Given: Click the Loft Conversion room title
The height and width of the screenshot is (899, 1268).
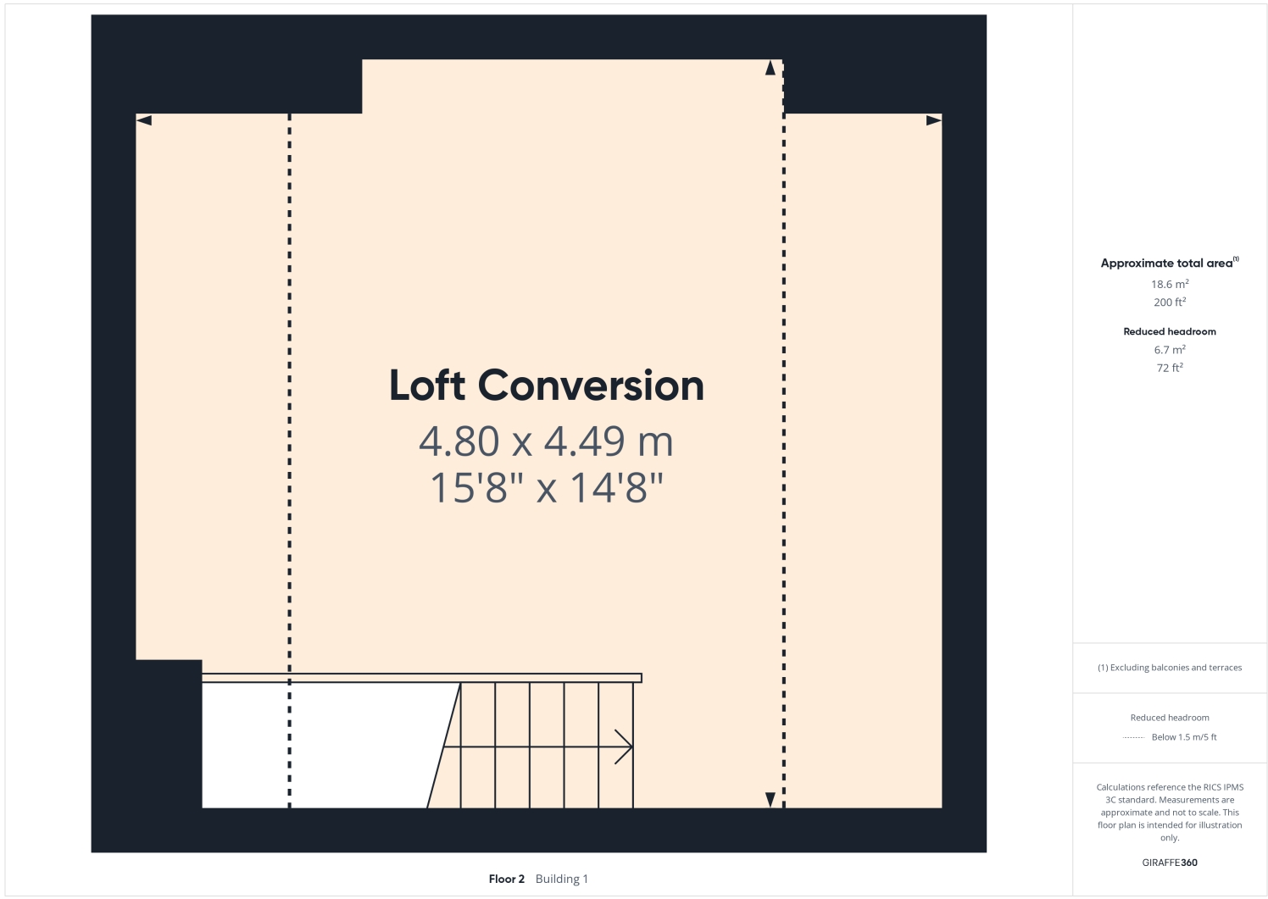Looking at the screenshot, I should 546,386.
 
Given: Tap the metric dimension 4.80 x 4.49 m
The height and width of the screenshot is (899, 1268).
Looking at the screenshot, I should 546,441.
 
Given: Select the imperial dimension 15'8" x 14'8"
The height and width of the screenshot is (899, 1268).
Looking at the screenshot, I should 546,488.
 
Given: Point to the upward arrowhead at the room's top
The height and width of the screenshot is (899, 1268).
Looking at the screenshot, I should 770,69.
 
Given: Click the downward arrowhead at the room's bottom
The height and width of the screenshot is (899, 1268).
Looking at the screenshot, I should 770,799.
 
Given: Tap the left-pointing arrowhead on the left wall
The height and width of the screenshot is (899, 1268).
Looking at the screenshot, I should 144,120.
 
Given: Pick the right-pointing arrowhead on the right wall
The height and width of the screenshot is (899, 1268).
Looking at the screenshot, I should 933,120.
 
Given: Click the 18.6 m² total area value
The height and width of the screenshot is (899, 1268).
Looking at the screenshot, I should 1169,285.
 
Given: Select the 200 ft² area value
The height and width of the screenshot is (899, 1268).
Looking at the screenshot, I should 1169,302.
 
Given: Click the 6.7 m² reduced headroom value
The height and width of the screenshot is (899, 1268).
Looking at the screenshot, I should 1169,350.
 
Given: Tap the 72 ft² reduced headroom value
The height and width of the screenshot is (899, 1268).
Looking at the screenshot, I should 1169,368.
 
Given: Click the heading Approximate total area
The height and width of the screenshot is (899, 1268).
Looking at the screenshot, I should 1166,264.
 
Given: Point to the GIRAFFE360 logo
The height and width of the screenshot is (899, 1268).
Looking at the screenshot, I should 1169,863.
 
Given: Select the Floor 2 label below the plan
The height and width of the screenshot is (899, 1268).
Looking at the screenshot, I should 506,879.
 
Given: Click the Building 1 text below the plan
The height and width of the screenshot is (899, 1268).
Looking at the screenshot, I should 561,879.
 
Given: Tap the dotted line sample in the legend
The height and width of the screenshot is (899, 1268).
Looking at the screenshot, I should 1133,738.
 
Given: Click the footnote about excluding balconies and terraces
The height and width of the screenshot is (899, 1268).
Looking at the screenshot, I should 1169,668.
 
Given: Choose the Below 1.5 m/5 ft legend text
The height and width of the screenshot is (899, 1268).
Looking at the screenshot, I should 1183,737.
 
